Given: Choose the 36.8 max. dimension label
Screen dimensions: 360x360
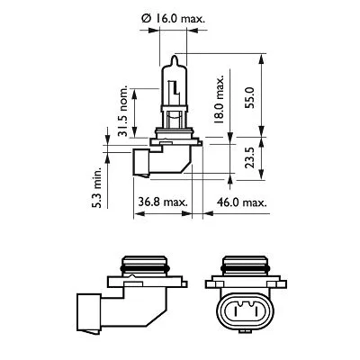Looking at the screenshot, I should coord(163,203).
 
